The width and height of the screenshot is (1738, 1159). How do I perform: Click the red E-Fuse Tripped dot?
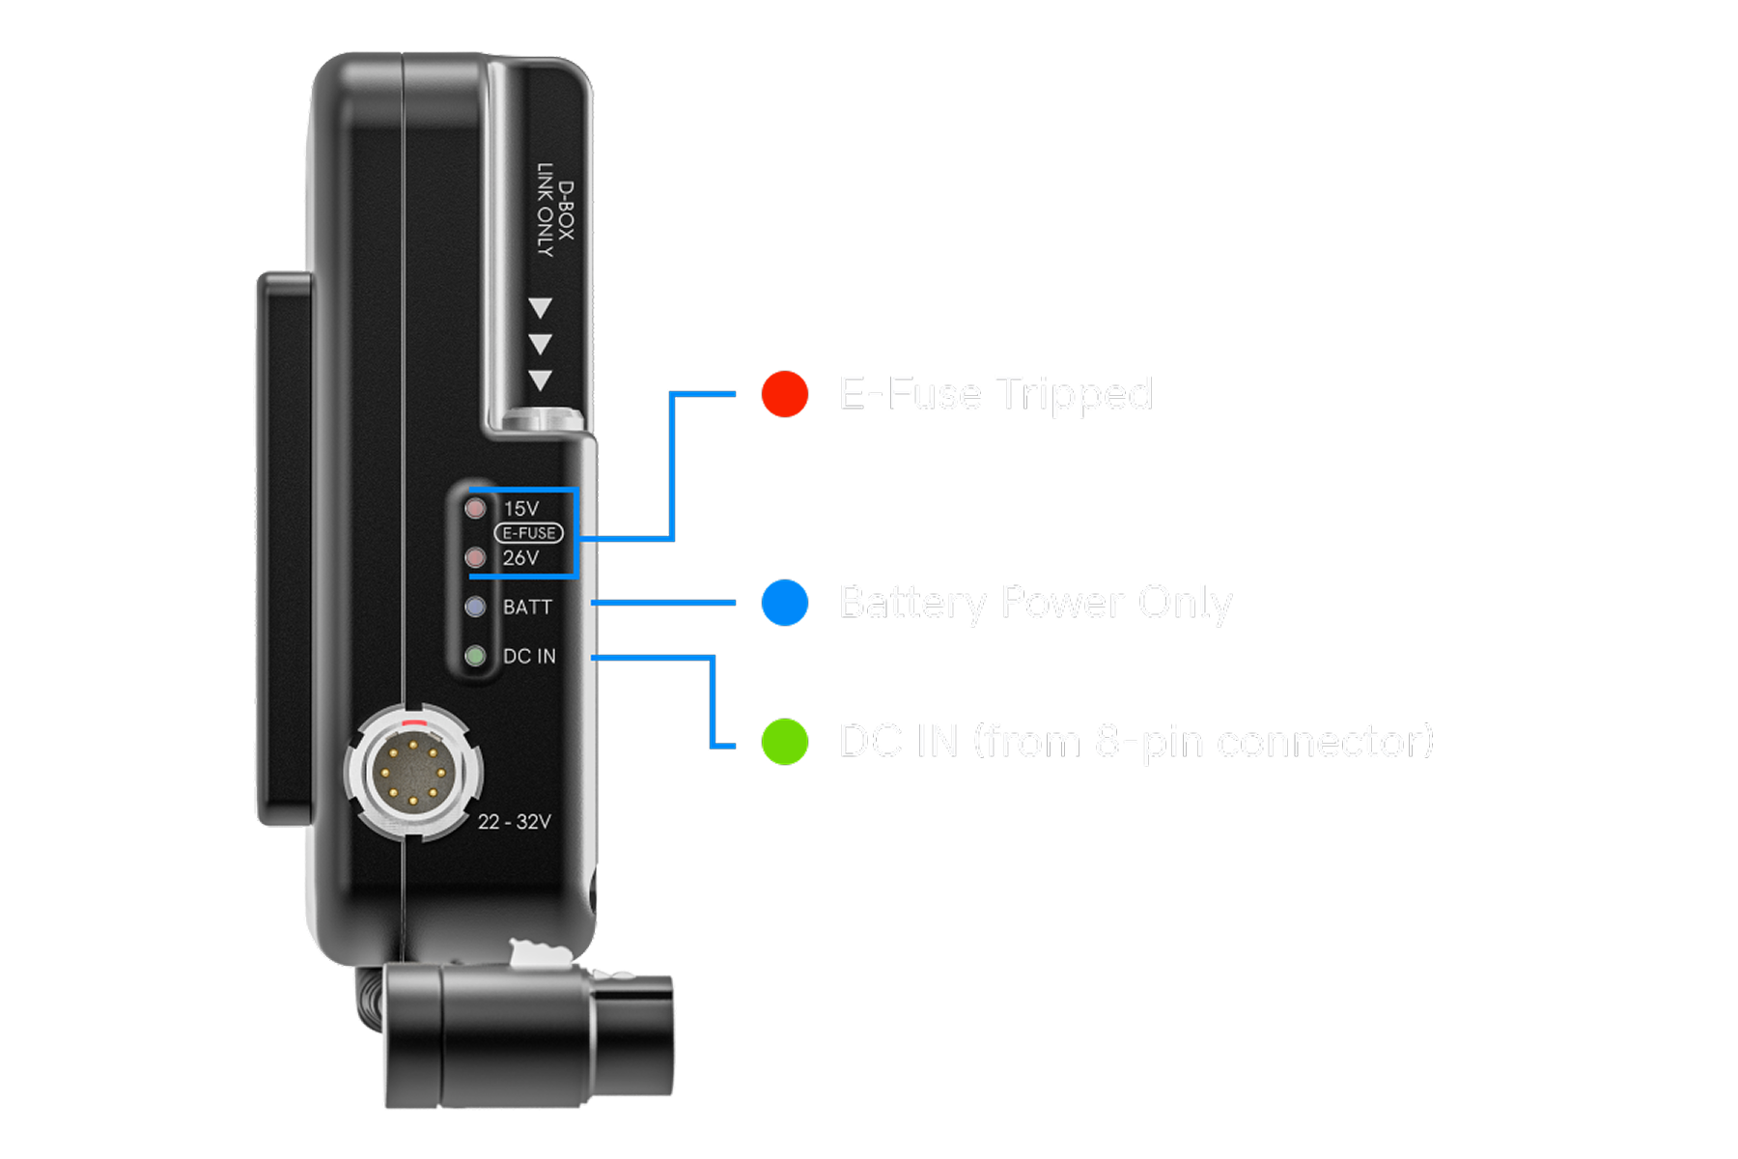click(x=784, y=394)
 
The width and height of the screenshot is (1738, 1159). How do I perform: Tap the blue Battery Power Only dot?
click(x=784, y=603)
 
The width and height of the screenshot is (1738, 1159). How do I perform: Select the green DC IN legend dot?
click(x=784, y=742)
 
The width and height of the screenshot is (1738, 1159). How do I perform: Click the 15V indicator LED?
click(x=475, y=508)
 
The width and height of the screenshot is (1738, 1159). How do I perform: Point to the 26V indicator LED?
click(x=475, y=557)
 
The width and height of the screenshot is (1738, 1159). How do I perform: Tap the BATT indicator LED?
click(x=475, y=607)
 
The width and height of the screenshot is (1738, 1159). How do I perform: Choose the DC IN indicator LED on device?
click(x=475, y=656)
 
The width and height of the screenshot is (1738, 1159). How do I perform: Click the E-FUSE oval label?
click(x=529, y=533)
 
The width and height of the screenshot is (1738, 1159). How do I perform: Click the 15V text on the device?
click(x=521, y=508)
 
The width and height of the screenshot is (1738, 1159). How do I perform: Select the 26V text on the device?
click(x=521, y=557)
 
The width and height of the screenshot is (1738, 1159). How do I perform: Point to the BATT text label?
click(x=527, y=607)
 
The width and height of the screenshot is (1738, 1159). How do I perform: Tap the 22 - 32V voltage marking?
click(x=514, y=822)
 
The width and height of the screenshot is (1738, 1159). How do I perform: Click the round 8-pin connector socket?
click(x=413, y=774)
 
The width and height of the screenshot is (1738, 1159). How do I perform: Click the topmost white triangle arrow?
click(x=540, y=308)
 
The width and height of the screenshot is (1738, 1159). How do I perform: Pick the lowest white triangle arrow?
click(x=540, y=380)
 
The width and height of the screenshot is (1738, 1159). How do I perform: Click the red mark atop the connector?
click(x=413, y=721)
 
